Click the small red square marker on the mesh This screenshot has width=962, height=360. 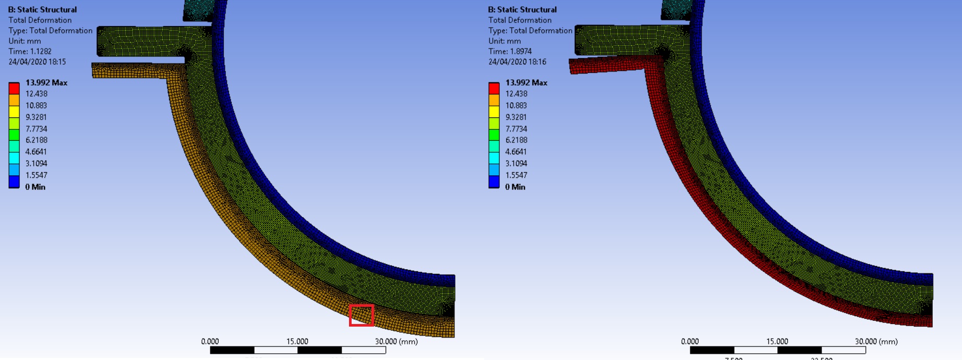click(x=362, y=316)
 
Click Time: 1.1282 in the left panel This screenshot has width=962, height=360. click(x=30, y=51)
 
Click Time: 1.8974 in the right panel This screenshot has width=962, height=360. click(x=510, y=51)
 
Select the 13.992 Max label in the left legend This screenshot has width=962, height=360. click(x=46, y=82)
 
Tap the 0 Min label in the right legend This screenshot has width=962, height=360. click(x=515, y=187)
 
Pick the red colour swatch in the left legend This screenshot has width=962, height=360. click(x=14, y=88)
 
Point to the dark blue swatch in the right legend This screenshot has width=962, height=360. click(x=494, y=182)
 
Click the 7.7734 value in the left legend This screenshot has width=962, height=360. click(x=36, y=129)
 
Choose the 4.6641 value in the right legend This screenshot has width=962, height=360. click(x=516, y=152)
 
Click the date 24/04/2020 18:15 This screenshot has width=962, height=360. click(x=37, y=62)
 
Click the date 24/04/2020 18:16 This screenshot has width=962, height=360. click(x=517, y=62)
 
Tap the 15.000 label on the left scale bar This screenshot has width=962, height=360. click(x=297, y=341)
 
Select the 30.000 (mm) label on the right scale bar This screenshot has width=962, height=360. click(x=876, y=341)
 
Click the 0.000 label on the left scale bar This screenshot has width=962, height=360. click(x=210, y=341)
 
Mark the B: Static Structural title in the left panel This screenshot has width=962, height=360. click(x=42, y=9)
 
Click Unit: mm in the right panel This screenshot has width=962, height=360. click(x=504, y=41)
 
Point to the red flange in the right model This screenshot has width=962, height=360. click(x=605, y=66)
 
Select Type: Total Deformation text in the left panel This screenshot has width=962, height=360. click(x=50, y=30)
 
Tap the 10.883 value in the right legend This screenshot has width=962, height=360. click(x=516, y=105)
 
